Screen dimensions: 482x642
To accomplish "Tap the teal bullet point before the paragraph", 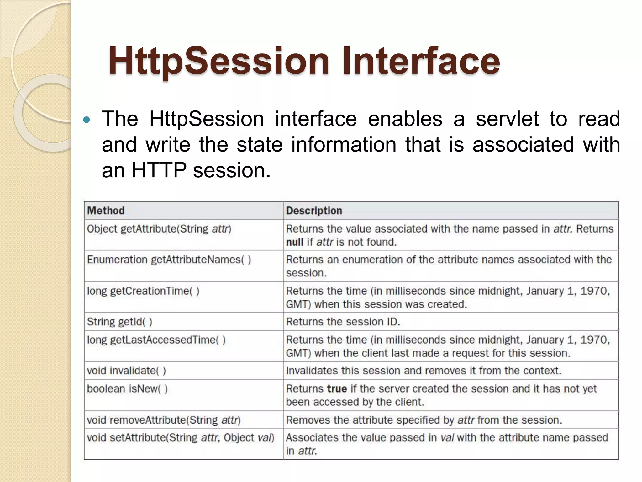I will [x=87, y=120].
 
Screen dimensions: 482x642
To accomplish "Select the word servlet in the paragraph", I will [x=507, y=119].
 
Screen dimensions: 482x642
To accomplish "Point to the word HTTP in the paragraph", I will [x=159, y=170].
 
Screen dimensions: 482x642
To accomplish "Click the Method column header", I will [x=106, y=211].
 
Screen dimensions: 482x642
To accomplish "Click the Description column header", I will [x=314, y=211].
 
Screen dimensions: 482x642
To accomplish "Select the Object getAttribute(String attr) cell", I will [x=159, y=229].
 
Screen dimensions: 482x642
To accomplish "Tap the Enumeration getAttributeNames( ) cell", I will [x=169, y=260].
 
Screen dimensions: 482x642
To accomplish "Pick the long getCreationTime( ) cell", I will [x=143, y=291].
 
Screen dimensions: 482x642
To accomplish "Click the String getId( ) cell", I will [x=119, y=322].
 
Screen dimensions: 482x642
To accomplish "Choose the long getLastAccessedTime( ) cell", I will [x=156, y=340].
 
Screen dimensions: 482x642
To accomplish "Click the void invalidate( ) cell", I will [x=126, y=371].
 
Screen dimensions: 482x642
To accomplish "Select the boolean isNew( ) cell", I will [x=127, y=389].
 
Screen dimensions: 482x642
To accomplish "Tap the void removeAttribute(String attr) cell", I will [x=164, y=420].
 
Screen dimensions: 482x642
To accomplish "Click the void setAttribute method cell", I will [x=180, y=437].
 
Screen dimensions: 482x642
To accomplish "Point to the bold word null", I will [x=294, y=242].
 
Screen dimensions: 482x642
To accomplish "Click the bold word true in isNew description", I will [x=337, y=389].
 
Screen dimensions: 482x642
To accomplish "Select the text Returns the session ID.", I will [x=343, y=322].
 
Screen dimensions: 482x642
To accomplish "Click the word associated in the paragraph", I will [x=523, y=145].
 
